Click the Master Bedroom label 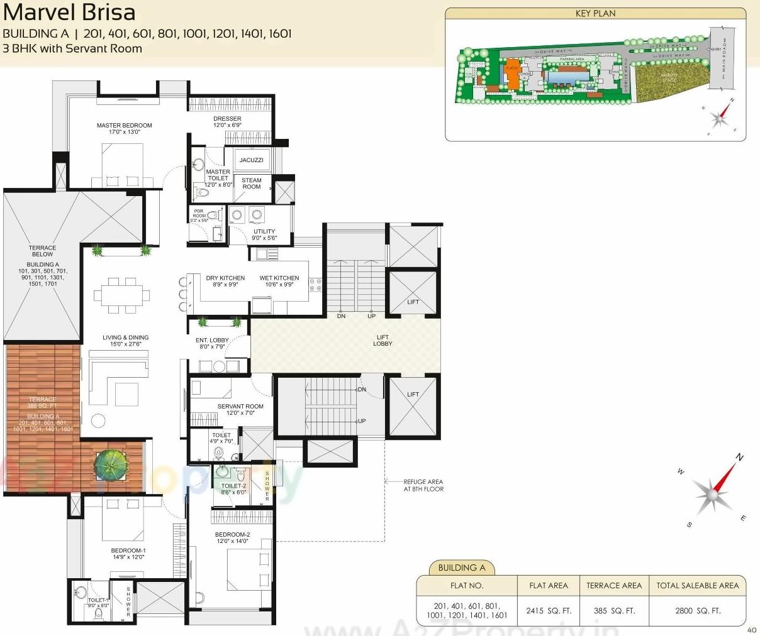pyautogui.click(x=124, y=129)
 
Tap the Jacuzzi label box pyautogui.click(x=251, y=160)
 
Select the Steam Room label pyautogui.click(x=251, y=184)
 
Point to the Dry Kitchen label pyautogui.click(x=225, y=281)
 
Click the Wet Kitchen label pyautogui.click(x=279, y=281)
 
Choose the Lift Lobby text pyautogui.click(x=383, y=341)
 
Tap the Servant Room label pyautogui.click(x=240, y=410)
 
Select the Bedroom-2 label pyautogui.click(x=233, y=537)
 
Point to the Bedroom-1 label pyautogui.click(x=128, y=554)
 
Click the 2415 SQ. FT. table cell pyautogui.click(x=549, y=610)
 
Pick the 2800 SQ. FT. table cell pyautogui.click(x=698, y=610)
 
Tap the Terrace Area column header pyautogui.click(x=614, y=586)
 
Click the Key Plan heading pyautogui.click(x=595, y=13)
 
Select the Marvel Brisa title pyautogui.click(x=69, y=13)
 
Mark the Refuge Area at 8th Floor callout pyautogui.click(x=423, y=485)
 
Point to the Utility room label pyautogui.click(x=264, y=234)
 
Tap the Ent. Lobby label pyautogui.click(x=212, y=343)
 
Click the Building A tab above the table pyautogui.click(x=462, y=567)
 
